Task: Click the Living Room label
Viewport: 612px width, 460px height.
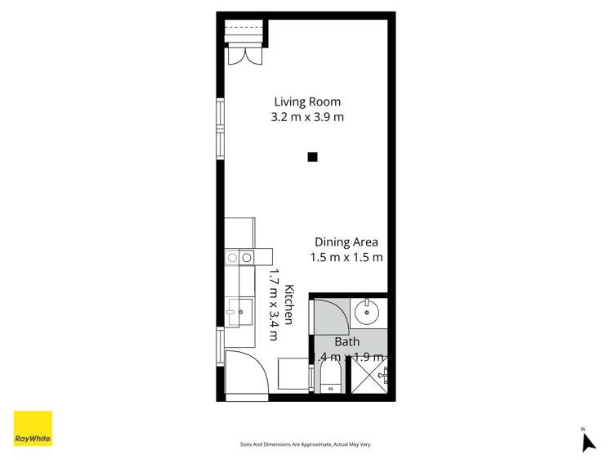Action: [306, 102]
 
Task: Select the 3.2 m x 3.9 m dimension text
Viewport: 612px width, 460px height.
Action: [306, 117]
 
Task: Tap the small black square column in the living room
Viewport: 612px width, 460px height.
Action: [312, 157]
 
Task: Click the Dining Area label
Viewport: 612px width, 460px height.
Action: [346, 242]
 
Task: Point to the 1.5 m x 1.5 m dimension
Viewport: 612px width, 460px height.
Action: [346, 257]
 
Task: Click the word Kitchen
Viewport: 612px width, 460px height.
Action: [288, 304]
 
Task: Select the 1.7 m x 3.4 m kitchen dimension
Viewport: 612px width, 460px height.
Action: [275, 304]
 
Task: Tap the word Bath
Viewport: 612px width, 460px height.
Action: [347, 342]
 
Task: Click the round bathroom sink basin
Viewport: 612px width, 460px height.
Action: [368, 311]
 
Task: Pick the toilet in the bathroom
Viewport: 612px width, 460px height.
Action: [330, 378]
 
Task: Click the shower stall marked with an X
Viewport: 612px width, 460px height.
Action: [368, 377]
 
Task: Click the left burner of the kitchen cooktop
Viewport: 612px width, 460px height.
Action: [232, 258]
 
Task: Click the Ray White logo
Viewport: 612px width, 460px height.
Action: [33, 428]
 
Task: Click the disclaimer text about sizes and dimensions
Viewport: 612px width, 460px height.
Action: [306, 444]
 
